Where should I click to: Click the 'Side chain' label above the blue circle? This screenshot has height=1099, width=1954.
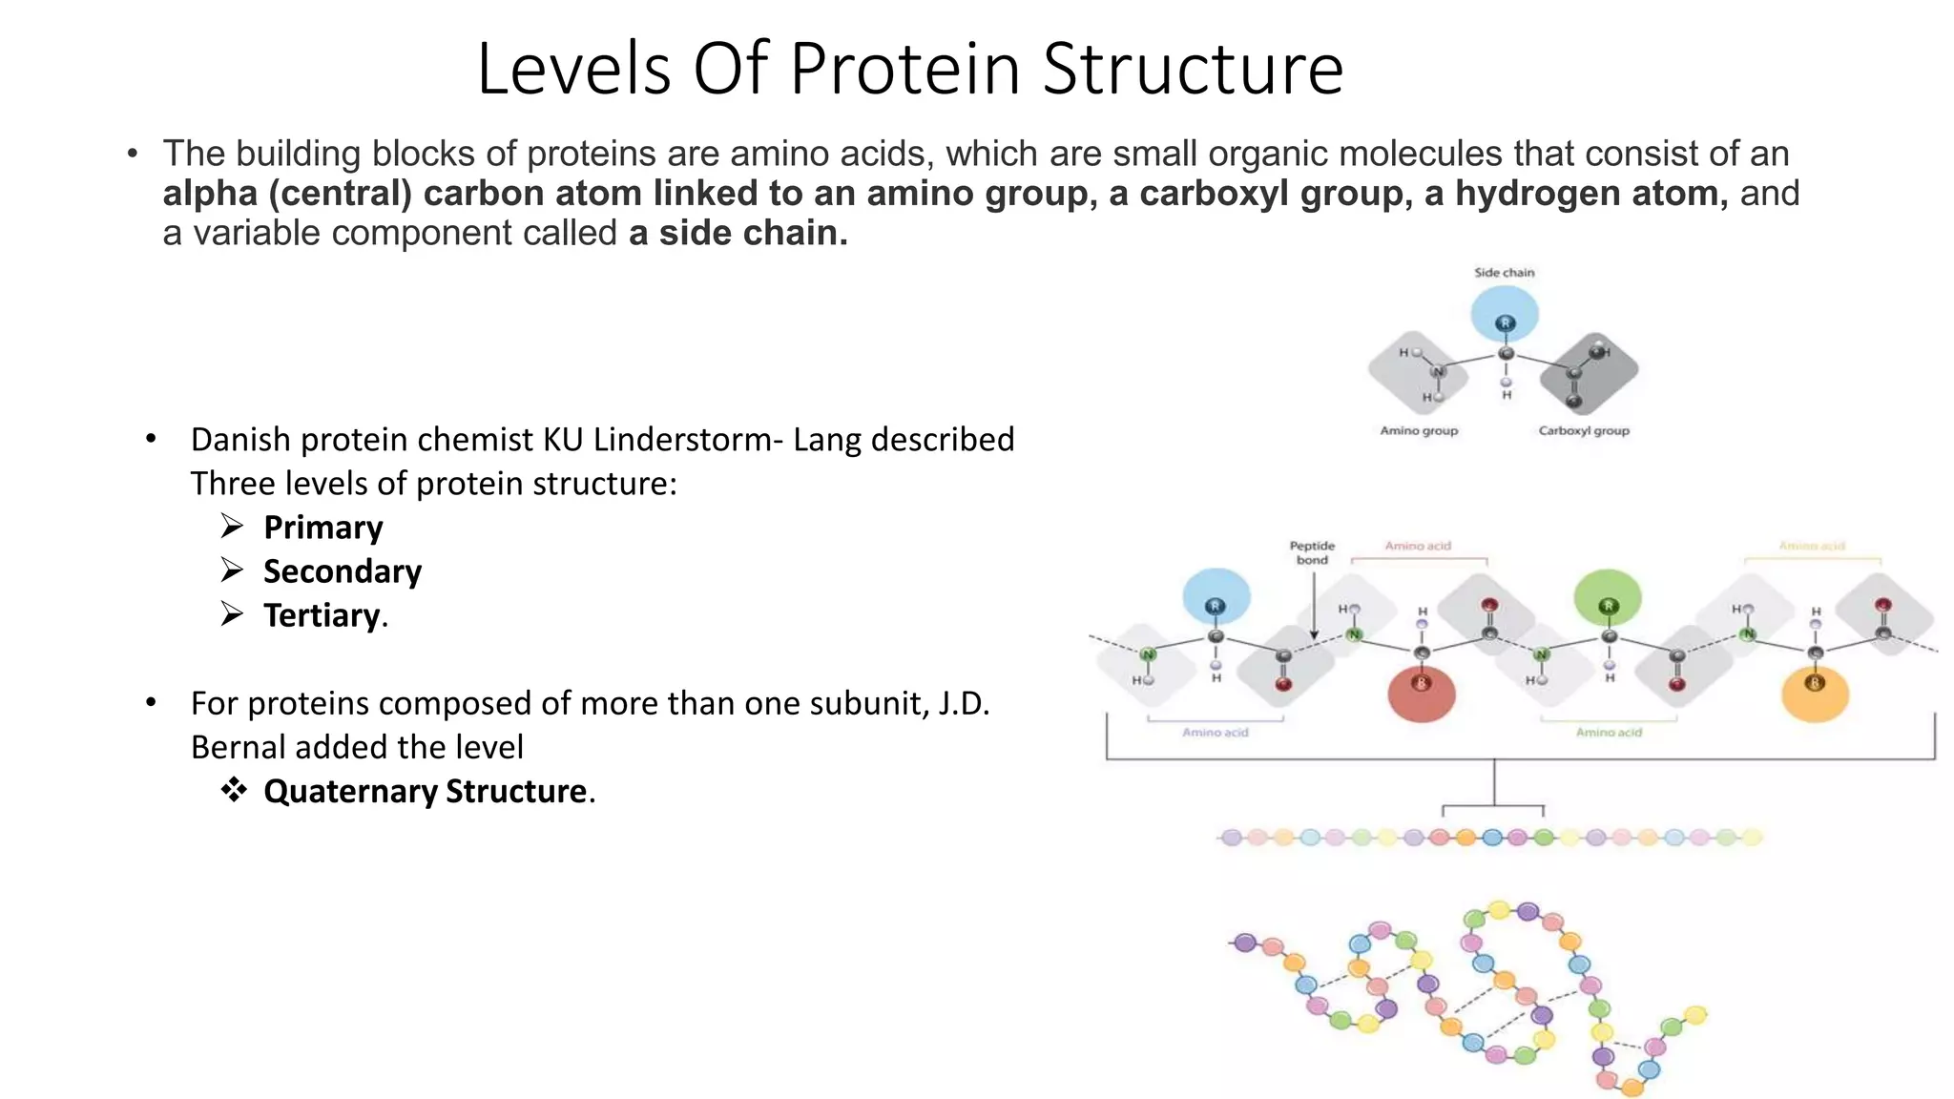1504,273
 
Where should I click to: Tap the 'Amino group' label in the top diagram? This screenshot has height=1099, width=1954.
1419,431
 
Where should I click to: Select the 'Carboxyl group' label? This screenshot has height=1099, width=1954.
1583,431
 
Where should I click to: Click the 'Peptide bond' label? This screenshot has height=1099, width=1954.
1312,552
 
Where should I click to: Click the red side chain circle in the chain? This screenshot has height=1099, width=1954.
1421,694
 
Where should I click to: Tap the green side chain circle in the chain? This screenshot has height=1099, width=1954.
1608,598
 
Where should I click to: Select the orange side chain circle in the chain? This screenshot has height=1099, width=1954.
1815,694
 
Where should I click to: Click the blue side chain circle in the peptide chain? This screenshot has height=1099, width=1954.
1216,597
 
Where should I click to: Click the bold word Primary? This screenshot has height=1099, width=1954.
323,528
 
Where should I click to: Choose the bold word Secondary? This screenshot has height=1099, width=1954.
343,571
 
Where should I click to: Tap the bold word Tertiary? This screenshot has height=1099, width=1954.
322,615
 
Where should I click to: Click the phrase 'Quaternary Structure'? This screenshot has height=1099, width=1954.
426,792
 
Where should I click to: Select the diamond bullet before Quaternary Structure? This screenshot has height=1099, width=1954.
234,790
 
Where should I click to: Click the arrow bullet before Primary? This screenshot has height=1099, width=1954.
232,526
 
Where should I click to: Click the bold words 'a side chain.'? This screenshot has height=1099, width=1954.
738,233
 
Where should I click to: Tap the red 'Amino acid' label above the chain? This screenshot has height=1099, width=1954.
1418,547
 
